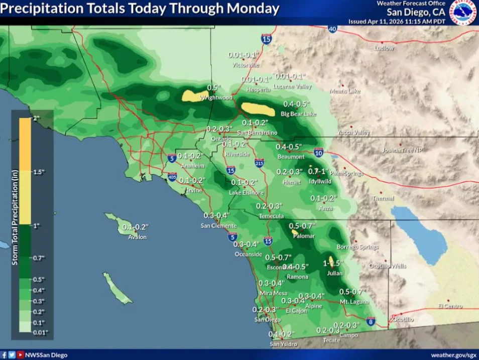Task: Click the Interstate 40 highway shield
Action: (x=332, y=29)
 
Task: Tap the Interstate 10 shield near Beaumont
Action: (x=318, y=152)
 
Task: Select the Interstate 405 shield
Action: (x=172, y=177)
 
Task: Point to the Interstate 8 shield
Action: (x=371, y=321)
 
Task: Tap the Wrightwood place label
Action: (x=216, y=97)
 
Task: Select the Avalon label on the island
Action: (x=137, y=236)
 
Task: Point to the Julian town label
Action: (x=334, y=273)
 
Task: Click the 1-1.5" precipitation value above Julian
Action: (x=332, y=263)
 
